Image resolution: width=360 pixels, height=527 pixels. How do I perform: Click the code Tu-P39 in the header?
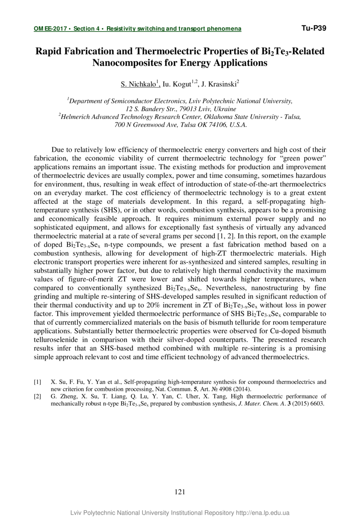[314, 28]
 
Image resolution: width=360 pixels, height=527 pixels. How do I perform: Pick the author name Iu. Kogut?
[177, 84]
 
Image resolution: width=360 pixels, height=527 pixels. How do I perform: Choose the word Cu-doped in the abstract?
[275, 331]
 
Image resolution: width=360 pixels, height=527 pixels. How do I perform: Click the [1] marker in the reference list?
[38, 382]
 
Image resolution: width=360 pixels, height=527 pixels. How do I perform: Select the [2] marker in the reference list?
[38, 396]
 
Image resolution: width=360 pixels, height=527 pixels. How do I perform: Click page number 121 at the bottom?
[180, 492]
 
